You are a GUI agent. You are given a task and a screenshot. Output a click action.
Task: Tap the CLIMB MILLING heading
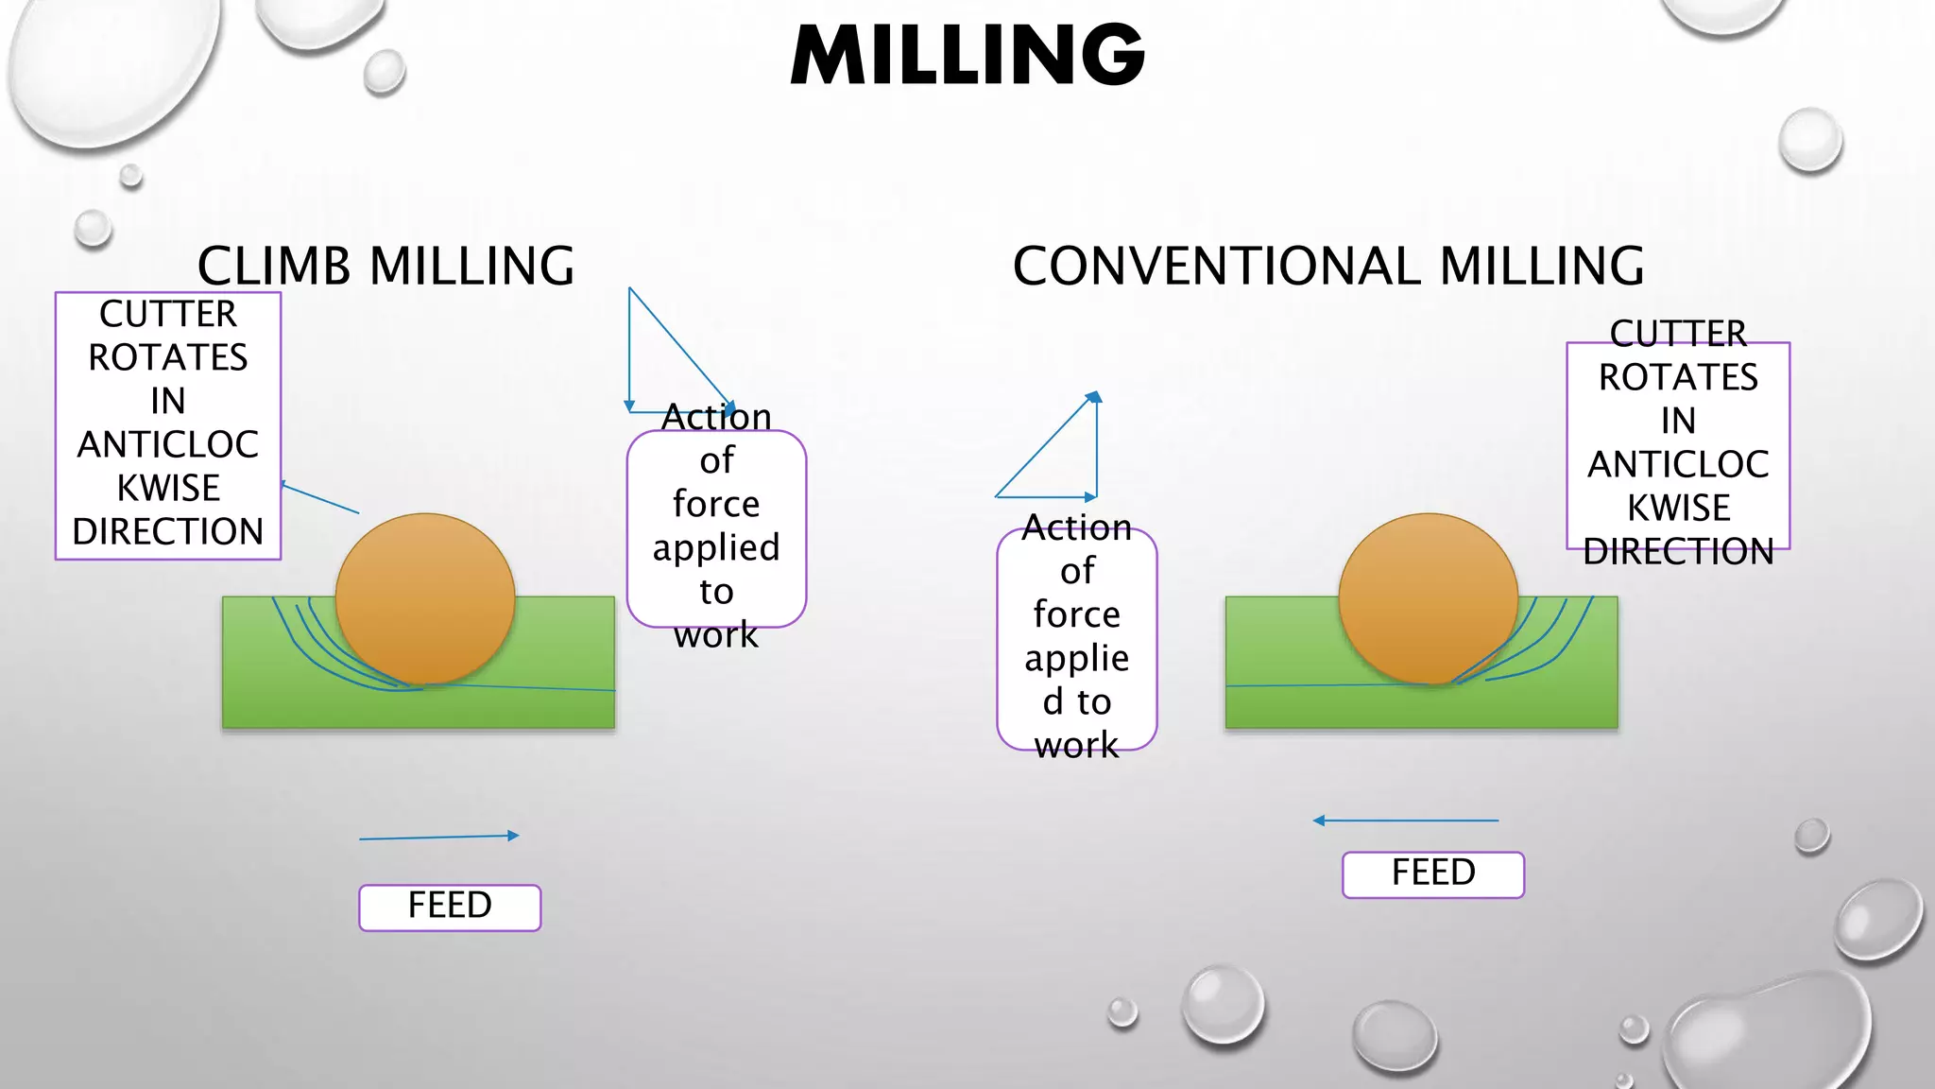click(385, 267)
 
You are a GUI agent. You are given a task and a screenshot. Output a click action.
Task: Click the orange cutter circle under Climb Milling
click(425, 597)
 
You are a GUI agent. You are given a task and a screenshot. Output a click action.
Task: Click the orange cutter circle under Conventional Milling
click(1428, 597)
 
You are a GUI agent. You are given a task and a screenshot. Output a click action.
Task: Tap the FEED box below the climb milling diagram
click(450, 907)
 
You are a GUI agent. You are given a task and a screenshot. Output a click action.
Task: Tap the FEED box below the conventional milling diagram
click(1432, 873)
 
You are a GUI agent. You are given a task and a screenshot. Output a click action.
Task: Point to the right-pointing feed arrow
click(439, 837)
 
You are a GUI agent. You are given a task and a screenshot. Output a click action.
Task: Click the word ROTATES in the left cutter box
click(168, 358)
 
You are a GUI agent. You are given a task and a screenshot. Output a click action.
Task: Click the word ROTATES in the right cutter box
click(1678, 378)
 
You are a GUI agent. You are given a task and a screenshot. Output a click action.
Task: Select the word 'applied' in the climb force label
click(716, 548)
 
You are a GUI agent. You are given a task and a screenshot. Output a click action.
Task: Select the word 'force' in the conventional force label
click(1077, 614)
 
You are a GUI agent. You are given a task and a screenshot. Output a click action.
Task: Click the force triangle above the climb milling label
click(661, 369)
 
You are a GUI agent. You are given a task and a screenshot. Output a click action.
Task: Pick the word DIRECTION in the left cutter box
click(168, 532)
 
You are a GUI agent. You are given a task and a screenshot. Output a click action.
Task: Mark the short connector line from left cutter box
click(320, 498)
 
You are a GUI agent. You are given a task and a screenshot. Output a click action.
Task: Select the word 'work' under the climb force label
click(716, 635)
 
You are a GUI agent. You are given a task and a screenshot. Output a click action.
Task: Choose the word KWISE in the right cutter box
click(1678, 509)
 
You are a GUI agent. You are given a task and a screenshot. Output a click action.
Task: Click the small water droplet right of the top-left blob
click(385, 72)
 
